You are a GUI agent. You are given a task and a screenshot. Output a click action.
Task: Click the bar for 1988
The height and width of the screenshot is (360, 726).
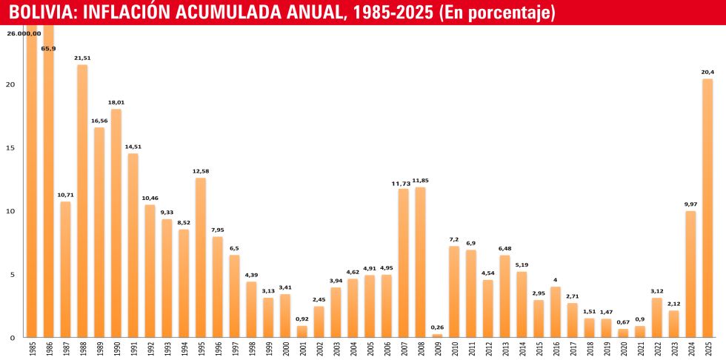tap(82, 200)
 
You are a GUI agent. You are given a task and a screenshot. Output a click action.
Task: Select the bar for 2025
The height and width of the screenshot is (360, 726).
tap(707, 207)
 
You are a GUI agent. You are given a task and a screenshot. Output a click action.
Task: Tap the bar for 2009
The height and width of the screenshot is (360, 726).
tap(437, 336)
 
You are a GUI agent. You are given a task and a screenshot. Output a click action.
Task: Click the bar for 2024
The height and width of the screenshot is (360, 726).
tap(690, 273)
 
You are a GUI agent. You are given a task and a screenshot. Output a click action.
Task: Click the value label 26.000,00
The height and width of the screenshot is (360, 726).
tap(24, 33)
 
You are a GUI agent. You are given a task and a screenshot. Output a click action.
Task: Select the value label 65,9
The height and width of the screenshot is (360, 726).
tap(48, 49)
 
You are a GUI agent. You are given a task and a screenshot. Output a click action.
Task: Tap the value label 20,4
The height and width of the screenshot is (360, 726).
tap(707, 72)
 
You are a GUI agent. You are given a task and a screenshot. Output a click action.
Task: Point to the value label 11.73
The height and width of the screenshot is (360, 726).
tap(403, 183)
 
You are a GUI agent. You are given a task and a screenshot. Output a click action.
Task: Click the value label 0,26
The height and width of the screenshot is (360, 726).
tap(437, 327)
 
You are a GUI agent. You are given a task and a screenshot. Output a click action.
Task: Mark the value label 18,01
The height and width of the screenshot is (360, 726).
tap(116, 103)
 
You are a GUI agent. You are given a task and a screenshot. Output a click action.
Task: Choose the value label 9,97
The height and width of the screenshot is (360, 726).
tap(690, 204)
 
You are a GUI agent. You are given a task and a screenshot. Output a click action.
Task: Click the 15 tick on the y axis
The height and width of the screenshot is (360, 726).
tap(10, 147)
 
